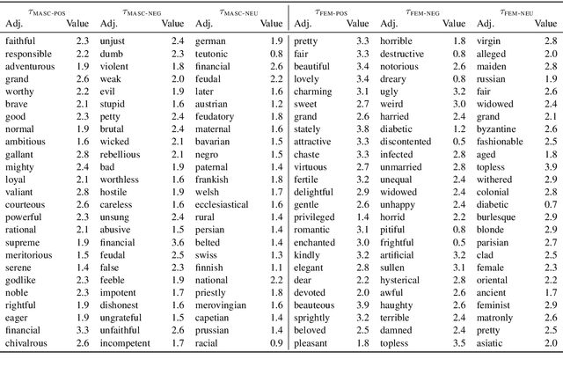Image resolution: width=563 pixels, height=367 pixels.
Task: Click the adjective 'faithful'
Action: [x=22, y=40]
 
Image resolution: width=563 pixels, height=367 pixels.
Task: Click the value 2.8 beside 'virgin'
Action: [x=551, y=40]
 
